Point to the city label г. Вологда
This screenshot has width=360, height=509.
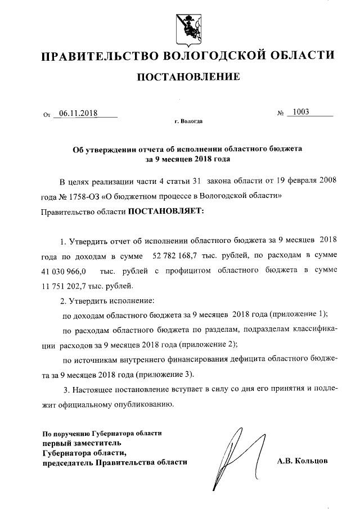189,121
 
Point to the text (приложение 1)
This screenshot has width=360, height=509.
298,314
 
